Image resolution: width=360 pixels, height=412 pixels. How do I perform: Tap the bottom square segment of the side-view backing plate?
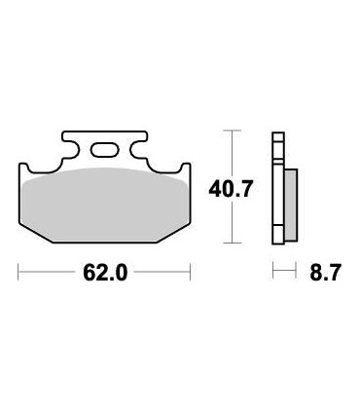277,237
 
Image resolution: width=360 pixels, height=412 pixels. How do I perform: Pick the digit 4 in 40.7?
215,189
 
